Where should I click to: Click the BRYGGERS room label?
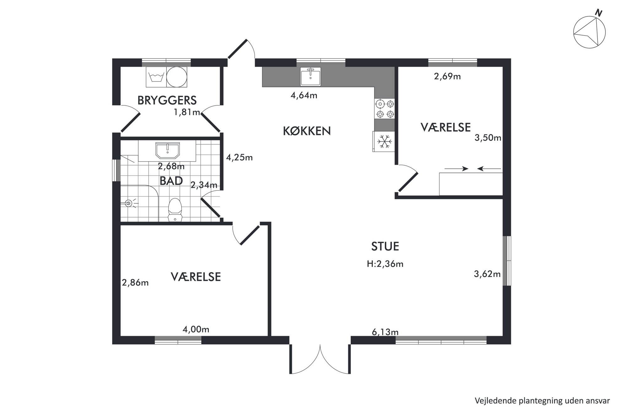click(167, 100)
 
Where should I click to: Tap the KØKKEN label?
click(307, 131)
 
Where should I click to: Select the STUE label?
click(385, 246)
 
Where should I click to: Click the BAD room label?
click(171, 181)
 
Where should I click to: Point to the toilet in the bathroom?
click(175, 210)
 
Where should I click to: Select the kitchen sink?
click(310, 76)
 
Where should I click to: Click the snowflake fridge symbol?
click(384, 141)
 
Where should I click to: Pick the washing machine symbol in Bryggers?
click(156, 77)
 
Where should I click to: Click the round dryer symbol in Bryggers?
click(176, 77)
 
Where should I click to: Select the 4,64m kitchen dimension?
click(304, 95)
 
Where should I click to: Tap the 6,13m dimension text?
click(385, 332)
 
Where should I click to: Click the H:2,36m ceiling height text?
click(385, 264)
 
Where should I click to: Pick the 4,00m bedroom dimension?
click(196, 329)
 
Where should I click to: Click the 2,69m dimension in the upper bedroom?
click(447, 76)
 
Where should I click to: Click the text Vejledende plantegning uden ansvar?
click(542, 401)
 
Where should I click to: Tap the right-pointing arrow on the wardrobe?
click(456, 169)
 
